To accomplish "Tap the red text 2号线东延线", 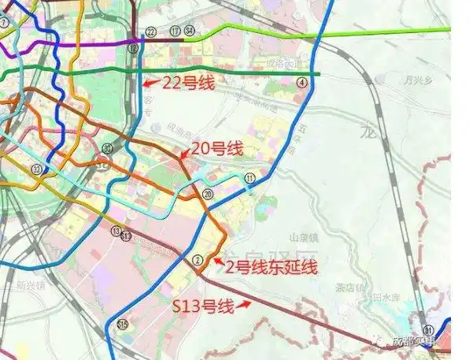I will pos(271,268).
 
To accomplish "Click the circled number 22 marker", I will pos(150,32).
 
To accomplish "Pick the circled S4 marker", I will pos(189,32).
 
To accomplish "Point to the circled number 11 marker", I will pos(250,179).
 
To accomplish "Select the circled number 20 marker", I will pos(208,194).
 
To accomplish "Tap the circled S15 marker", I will pos(122,325).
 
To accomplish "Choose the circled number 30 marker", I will pos(107,148).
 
